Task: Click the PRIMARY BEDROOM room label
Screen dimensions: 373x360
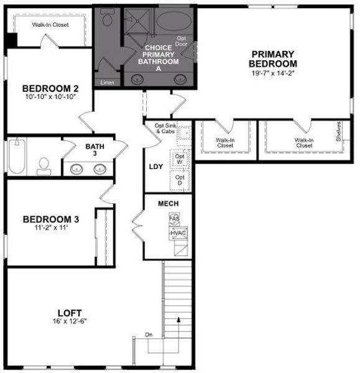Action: (273, 58)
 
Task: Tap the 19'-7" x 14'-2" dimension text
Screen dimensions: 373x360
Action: (273, 73)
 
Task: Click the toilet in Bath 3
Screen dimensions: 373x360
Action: (44, 165)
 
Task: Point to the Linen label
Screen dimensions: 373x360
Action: (107, 82)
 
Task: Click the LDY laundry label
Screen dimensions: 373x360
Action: (155, 167)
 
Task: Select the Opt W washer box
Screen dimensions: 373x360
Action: (180, 159)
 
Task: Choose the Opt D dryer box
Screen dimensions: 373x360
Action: (180, 180)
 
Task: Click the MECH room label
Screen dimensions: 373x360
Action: (168, 203)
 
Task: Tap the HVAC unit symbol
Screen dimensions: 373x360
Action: (178, 233)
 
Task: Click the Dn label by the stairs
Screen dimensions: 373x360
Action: (149, 335)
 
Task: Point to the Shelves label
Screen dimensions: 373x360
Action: (338, 131)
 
